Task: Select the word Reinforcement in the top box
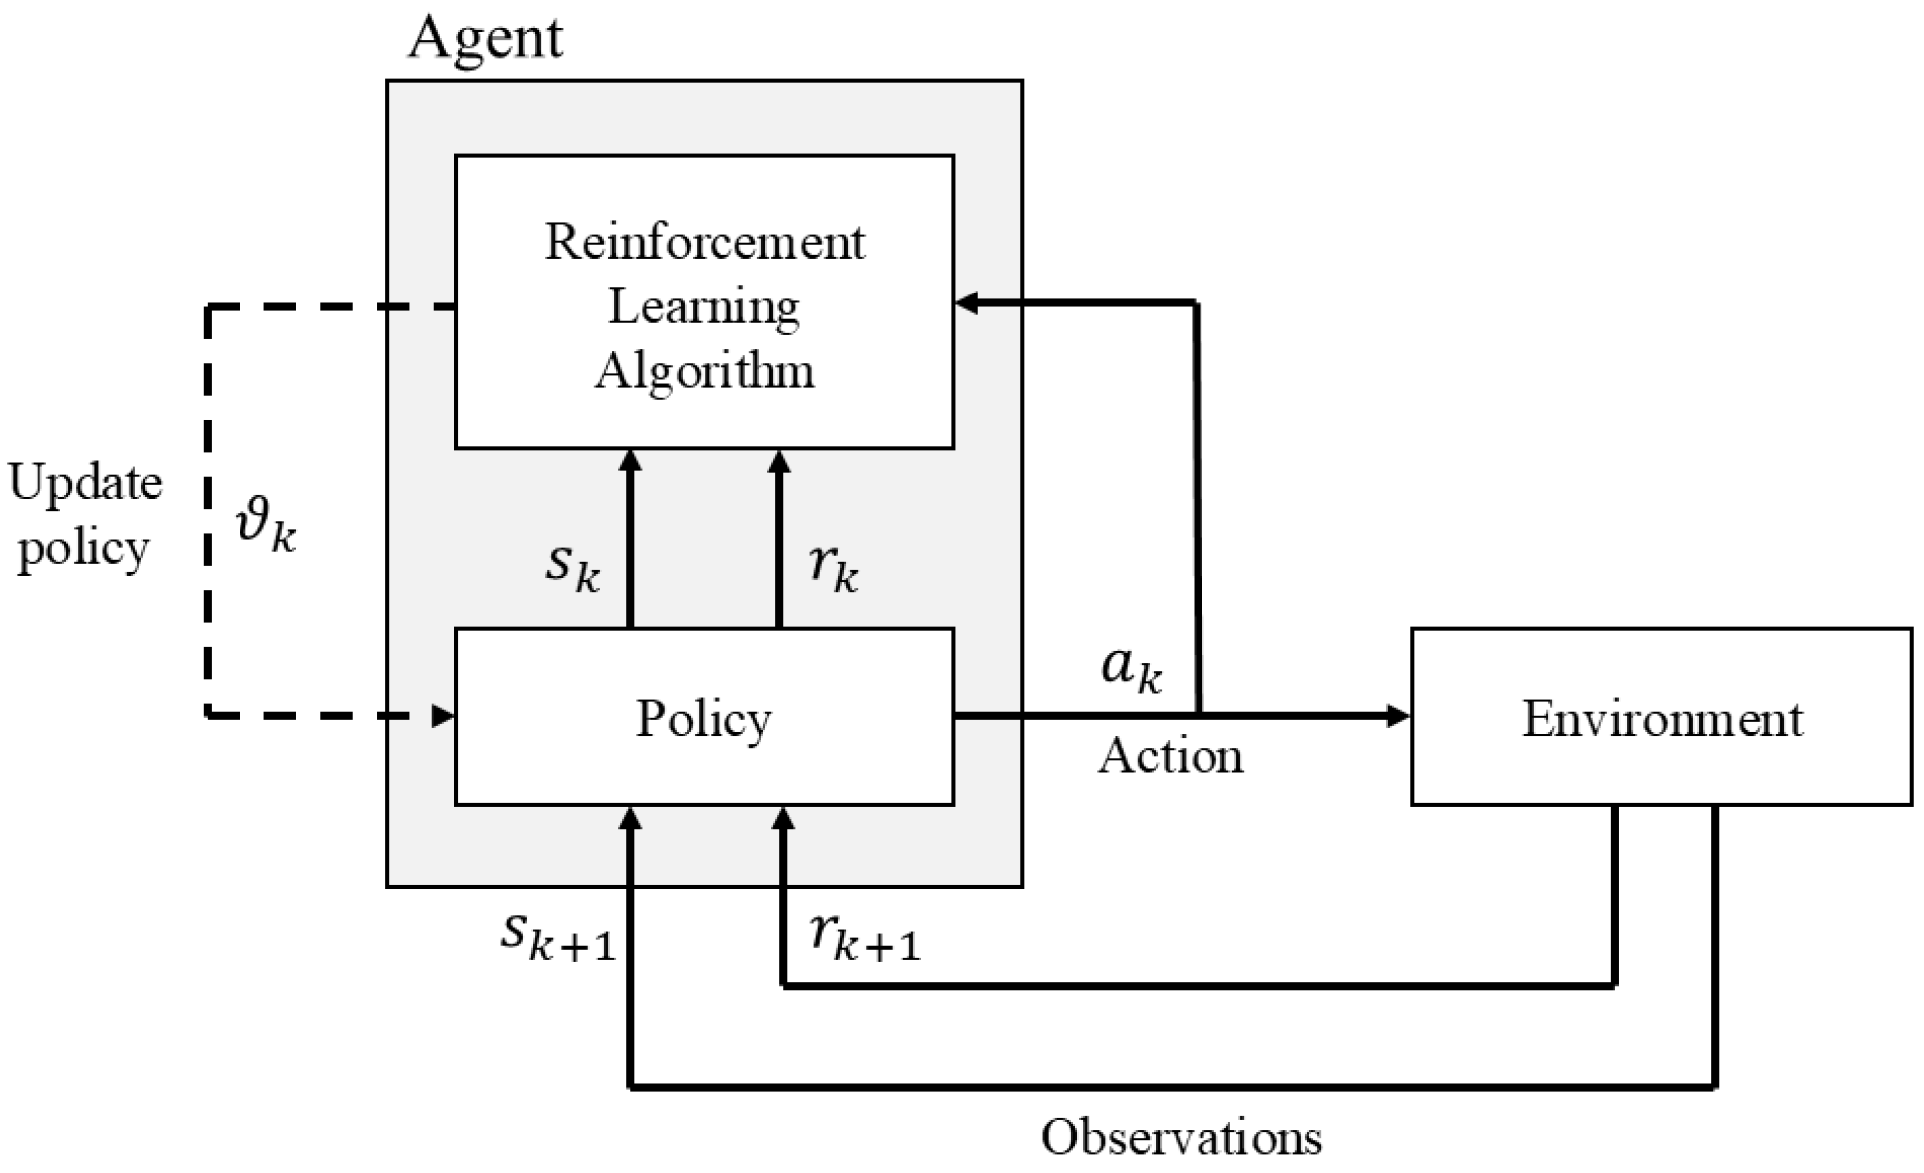click(705, 242)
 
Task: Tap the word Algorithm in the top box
click(705, 371)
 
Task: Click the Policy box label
click(705, 718)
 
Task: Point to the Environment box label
click(1663, 718)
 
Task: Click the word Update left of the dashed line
click(85, 483)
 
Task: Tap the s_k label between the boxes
click(572, 566)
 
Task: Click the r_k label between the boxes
click(834, 566)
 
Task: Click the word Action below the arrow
click(1171, 756)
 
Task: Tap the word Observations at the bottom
click(1182, 1137)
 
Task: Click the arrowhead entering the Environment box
click(1398, 715)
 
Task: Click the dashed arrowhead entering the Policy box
click(442, 715)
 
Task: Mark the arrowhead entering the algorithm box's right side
click(967, 303)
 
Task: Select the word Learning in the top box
click(705, 306)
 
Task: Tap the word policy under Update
click(83, 548)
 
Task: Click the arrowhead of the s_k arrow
click(630, 461)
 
